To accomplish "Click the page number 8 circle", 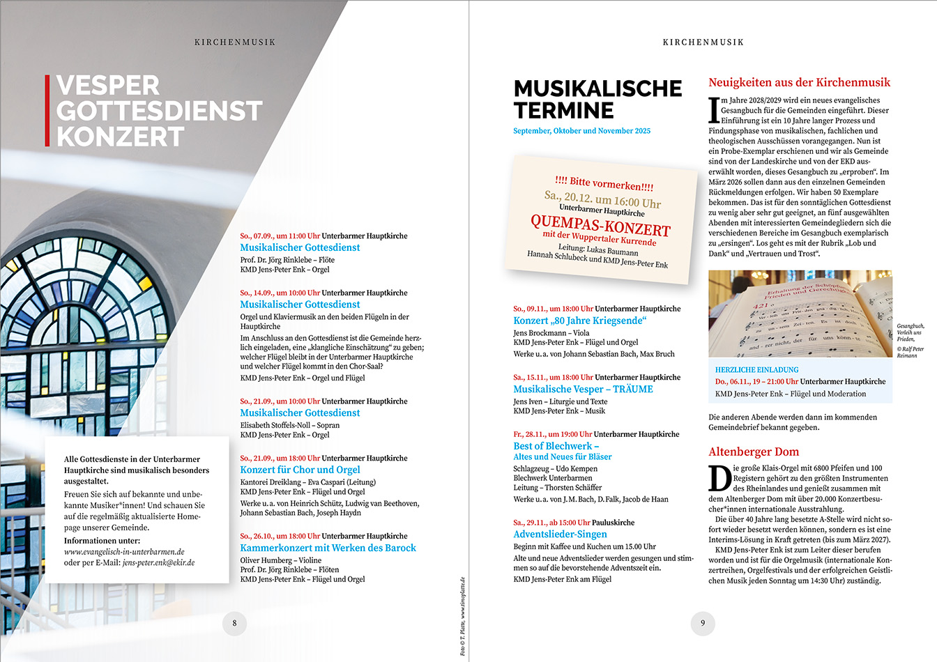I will click(x=234, y=623).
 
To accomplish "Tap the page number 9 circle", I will click(x=703, y=623).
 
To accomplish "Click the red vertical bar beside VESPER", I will click(x=47, y=111).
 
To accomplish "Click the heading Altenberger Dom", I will click(x=754, y=452).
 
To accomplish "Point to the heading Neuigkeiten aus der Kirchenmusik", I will click(x=799, y=82).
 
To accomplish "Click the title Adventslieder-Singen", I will click(x=560, y=534).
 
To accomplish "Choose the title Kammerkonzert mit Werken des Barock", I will click(x=328, y=548).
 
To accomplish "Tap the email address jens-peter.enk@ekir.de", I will click(x=158, y=562).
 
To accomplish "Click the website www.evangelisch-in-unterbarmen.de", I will click(x=124, y=551).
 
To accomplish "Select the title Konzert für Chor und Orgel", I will click(x=300, y=470).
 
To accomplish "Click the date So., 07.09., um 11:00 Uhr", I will click(x=280, y=236).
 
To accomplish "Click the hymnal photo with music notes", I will click(x=800, y=314).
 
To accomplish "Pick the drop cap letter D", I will click(x=719, y=478).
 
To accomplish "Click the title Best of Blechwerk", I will click(x=556, y=446).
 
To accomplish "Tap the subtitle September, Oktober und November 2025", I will click(x=581, y=131).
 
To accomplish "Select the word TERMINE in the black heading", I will click(x=563, y=111).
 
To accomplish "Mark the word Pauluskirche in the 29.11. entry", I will click(x=613, y=523).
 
